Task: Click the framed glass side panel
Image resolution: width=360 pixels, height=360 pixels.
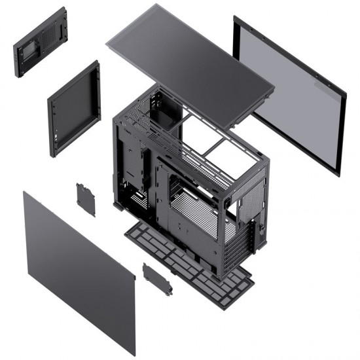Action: tap(288, 95)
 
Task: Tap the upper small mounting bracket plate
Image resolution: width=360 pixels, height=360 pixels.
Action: tap(85, 200)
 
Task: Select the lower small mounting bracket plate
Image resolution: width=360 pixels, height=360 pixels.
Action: tap(157, 278)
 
